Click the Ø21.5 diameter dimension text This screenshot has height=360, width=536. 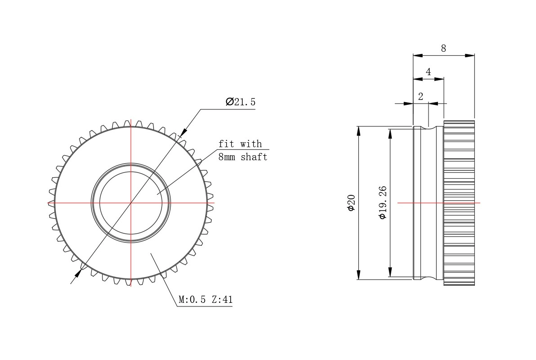point(241,102)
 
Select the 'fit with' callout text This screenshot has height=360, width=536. point(240,144)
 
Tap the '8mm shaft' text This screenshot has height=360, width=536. point(242,157)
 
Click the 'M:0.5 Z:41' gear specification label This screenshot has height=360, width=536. point(205,300)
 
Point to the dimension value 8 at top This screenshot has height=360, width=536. point(443,49)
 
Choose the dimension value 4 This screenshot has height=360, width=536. point(428,72)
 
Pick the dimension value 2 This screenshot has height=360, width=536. point(420,96)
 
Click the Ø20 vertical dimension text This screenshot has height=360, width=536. point(351,202)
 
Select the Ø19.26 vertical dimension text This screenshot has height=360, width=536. point(383,202)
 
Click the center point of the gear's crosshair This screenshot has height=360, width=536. point(131,203)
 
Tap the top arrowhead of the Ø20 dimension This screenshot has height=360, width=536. point(358,130)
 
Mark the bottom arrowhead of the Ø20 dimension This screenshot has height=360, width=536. point(358,275)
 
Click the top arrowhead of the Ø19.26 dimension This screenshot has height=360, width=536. point(390,133)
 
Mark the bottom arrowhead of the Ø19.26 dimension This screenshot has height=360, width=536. point(390,273)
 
